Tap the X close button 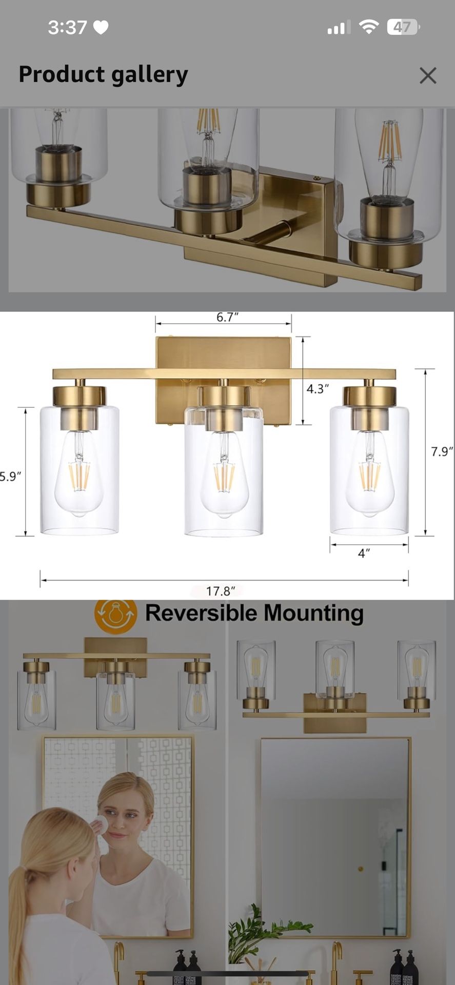[427, 75]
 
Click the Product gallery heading [103, 74]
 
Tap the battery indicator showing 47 [403, 27]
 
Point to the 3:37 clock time [67, 27]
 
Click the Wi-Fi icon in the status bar [368, 27]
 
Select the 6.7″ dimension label [227, 317]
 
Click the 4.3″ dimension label [318, 389]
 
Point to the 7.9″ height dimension [441, 451]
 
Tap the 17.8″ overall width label [221, 591]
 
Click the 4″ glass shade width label [364, 553]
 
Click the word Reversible [201, 613]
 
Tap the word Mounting [313, 614]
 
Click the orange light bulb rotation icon [115, 614]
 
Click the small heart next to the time [101, 27]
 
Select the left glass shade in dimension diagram [80, 469]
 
